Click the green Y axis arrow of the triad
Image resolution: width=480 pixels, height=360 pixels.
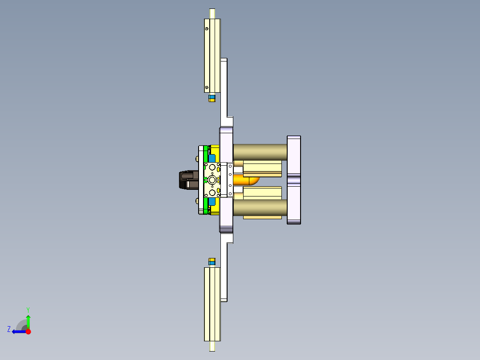[x=28, y=320]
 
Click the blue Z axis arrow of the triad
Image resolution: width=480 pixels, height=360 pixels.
[x=18, y=331]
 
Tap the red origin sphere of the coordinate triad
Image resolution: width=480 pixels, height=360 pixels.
[x=28, y=331]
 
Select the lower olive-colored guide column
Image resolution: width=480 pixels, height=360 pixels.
[x=259, y=207]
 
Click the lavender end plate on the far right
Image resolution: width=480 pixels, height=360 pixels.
[x=294, y=180]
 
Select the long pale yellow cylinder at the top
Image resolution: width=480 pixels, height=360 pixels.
[x=212, y=56]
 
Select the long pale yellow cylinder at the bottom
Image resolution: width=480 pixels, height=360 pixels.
[x=212, y=304]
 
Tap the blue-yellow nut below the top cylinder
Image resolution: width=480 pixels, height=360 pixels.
[x=212, y=98]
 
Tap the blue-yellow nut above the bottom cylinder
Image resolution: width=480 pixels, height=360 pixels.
[x=212, y=261]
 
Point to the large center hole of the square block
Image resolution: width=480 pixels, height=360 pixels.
[x=212, y=180]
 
